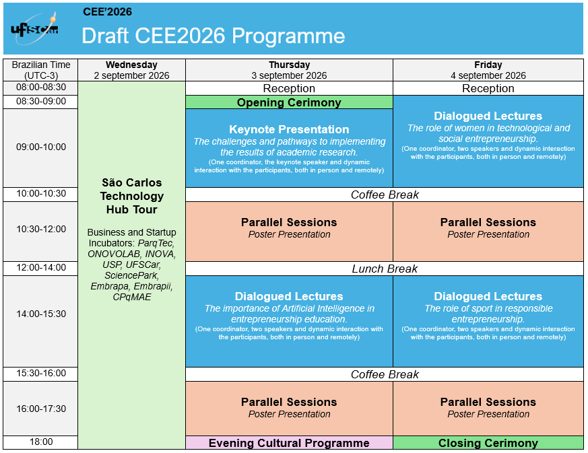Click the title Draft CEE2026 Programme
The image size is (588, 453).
[213, 36]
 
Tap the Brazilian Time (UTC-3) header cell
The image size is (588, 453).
[41, 70]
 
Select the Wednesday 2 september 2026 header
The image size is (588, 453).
[131, 70]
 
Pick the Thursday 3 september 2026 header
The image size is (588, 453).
[289, 70]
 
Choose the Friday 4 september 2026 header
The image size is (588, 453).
[488, 70]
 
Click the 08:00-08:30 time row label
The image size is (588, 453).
[41, 88]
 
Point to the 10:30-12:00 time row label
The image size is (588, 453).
[41, 230]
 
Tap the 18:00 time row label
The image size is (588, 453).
[41, 442]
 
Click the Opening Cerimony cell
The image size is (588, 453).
[289, 102]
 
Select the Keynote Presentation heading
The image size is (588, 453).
[289, 129]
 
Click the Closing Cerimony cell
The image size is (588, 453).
[488, 443]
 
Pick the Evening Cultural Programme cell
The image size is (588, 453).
[289, 443]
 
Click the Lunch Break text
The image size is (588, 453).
[385, 269]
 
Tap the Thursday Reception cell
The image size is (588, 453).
[289, 88]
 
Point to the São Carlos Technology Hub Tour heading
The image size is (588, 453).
[131, 196]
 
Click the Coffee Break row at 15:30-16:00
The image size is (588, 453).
[385, 374]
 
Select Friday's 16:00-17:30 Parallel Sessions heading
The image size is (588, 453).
[488, 402]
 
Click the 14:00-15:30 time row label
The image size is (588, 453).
[41, 314]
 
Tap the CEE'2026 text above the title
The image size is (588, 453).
[107, 11]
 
